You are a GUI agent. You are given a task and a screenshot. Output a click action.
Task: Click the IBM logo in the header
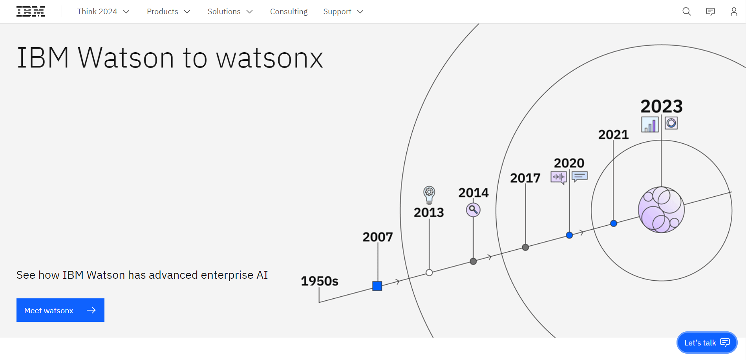31,11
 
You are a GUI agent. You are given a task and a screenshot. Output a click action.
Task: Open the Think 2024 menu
103,11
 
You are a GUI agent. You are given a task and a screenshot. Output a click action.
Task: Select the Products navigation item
168,11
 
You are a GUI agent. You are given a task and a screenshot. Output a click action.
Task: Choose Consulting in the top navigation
289,11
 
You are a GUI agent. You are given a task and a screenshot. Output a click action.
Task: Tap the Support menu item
343,11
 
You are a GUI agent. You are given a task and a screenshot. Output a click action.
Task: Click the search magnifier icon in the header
686,11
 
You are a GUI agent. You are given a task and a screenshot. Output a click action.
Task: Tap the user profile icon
733,11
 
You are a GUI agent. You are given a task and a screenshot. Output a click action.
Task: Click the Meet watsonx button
60,310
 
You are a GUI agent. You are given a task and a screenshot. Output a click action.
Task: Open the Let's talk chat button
707,343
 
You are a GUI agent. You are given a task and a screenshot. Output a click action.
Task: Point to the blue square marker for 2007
377,286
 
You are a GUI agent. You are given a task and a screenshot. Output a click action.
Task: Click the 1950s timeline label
319,281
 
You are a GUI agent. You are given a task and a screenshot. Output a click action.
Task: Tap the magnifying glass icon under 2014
473,210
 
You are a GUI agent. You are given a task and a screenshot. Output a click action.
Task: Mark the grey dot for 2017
525,247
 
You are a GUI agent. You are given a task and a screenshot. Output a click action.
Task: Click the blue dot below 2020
569,235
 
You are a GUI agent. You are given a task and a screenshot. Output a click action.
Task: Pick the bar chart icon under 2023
650,124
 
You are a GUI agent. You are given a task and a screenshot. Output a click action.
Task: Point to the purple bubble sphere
661,210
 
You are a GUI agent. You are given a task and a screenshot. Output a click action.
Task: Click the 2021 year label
613,135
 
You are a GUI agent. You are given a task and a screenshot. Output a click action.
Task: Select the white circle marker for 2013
429,272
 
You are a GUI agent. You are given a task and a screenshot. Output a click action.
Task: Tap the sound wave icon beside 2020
558,177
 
